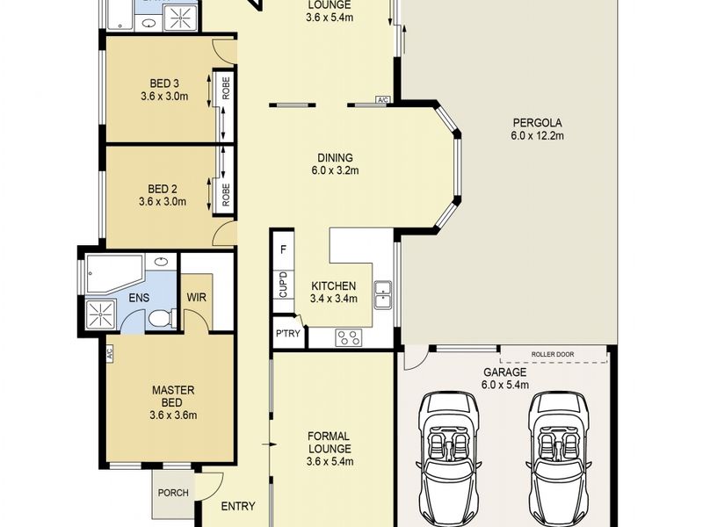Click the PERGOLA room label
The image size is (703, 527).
coord(537,122)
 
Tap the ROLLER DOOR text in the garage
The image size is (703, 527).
coord(553,354)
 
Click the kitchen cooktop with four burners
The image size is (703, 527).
coord(349,337)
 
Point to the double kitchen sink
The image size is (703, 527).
coord(383,294)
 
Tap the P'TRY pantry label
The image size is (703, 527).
coord(287,334)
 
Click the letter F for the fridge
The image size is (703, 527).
coord(283,249)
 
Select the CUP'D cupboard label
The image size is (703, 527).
coord(283,284)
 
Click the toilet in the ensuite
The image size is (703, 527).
coord(159,318)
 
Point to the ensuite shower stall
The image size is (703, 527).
coord(101,314)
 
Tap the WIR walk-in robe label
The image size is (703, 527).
coord(196,297)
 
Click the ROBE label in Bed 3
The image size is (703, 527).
coord(226,88)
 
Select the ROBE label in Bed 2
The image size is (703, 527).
coord(226,194)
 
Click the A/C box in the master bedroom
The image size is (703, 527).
coord(109,355)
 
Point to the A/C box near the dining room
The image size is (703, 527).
coord(382,100)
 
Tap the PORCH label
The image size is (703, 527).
coord(173,493)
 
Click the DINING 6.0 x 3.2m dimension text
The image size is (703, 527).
coord(335,170)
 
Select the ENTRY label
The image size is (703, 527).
coord(238,507)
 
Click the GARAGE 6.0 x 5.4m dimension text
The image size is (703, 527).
coord(504,385)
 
